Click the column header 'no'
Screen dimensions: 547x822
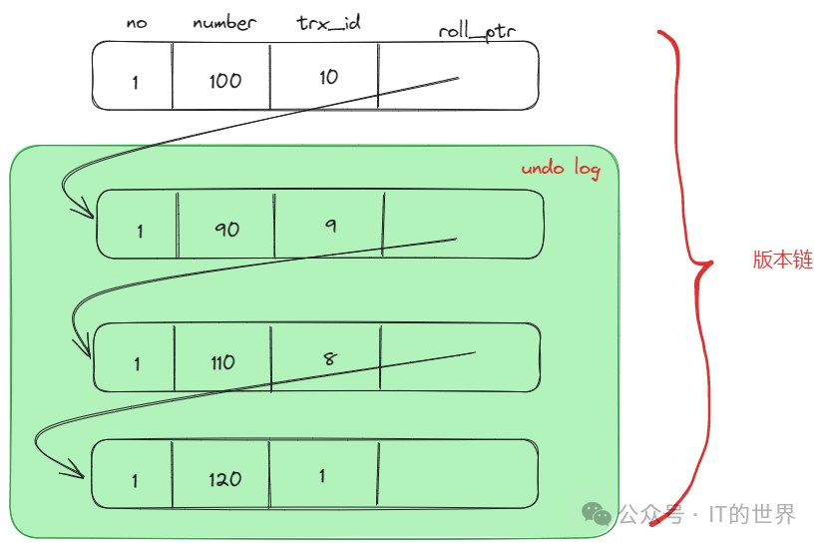pyautogui.click(x=137, y=23)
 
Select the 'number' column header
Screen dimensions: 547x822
pyautogui.click(x=224, y=22)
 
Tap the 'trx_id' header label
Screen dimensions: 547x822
pyautogui.click(x=329, y=22)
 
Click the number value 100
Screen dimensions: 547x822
pyautogui.click(x=225, y=81)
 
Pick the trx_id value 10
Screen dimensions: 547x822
pyautogui.click(x=329, y=77)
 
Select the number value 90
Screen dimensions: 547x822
pyautogui.click(x=227, y=229)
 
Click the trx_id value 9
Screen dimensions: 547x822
pyautogui.click(x=330, y=226)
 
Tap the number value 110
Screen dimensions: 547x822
pyautogui.click(x=223, y=362)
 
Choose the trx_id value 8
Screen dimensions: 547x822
pyautogui.click(x=330, y=357)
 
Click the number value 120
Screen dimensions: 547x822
pyautogui.click(x=225, y=479)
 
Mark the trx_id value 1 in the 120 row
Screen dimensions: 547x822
pyautogui.click(x=322, y=476)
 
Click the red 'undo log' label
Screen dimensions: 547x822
pyautogui.click(x=561, y=169)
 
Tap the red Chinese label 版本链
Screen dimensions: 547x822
pyautogui.click(x=783, y=261)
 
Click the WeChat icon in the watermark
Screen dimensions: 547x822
pyautogui.click(x=598, y=514)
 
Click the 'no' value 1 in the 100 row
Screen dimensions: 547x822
pyautogui.click(x=136, y=83)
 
